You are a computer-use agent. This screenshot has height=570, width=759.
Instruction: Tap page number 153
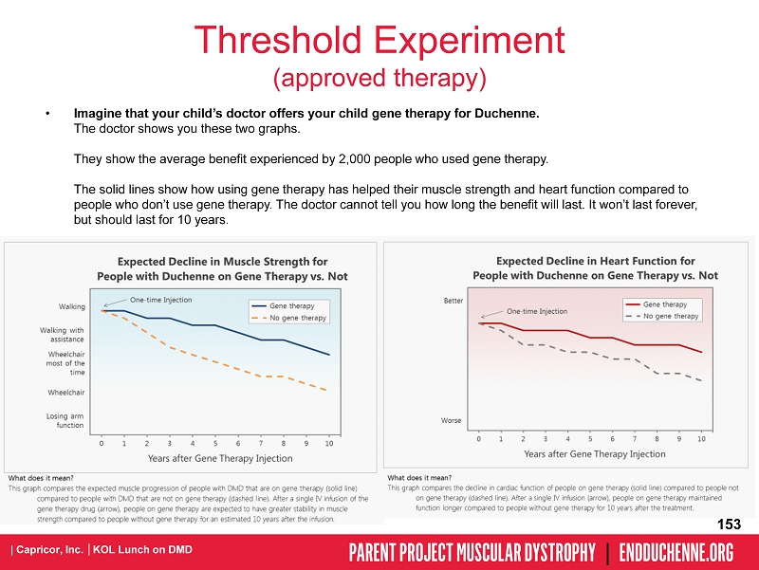coord(729,524)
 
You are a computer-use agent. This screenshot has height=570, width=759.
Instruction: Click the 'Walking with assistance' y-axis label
coord(63,334)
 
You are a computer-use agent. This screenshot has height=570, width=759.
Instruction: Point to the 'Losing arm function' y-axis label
coord(65,420)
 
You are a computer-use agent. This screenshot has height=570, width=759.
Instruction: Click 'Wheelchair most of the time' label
coord(65,363)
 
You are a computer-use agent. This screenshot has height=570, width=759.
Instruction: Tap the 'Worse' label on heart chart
coord(453,419)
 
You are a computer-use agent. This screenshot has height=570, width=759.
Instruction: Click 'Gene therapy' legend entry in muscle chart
coord(291,305)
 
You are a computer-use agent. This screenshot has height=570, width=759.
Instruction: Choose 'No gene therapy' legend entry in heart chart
coord(671,316)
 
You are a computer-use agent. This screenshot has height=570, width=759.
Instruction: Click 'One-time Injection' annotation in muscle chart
coord(160,300)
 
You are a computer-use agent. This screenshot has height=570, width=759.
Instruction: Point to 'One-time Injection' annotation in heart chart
coord(537,311)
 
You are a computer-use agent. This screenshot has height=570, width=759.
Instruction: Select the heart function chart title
coord(595,267)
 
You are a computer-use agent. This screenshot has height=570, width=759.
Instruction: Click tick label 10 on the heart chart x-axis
coord(701,438)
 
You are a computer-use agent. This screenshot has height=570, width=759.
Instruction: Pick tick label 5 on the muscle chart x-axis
coord(215,443)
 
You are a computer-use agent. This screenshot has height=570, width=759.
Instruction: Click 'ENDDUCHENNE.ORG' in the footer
coord(676,552)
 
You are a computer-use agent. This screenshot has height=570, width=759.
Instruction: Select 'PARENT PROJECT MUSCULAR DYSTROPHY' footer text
coord(472,552)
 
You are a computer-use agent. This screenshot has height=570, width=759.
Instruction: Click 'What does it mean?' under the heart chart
coord(419,477)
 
